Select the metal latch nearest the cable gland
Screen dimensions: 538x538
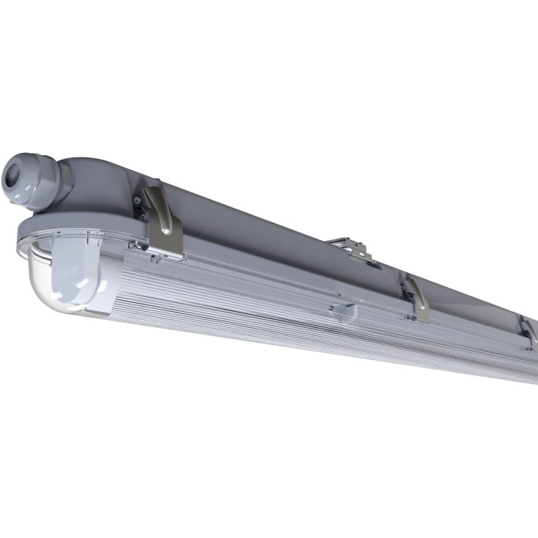point(162,220)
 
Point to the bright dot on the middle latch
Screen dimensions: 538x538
point(422,310)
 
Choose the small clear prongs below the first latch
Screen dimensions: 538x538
point(156,257)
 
